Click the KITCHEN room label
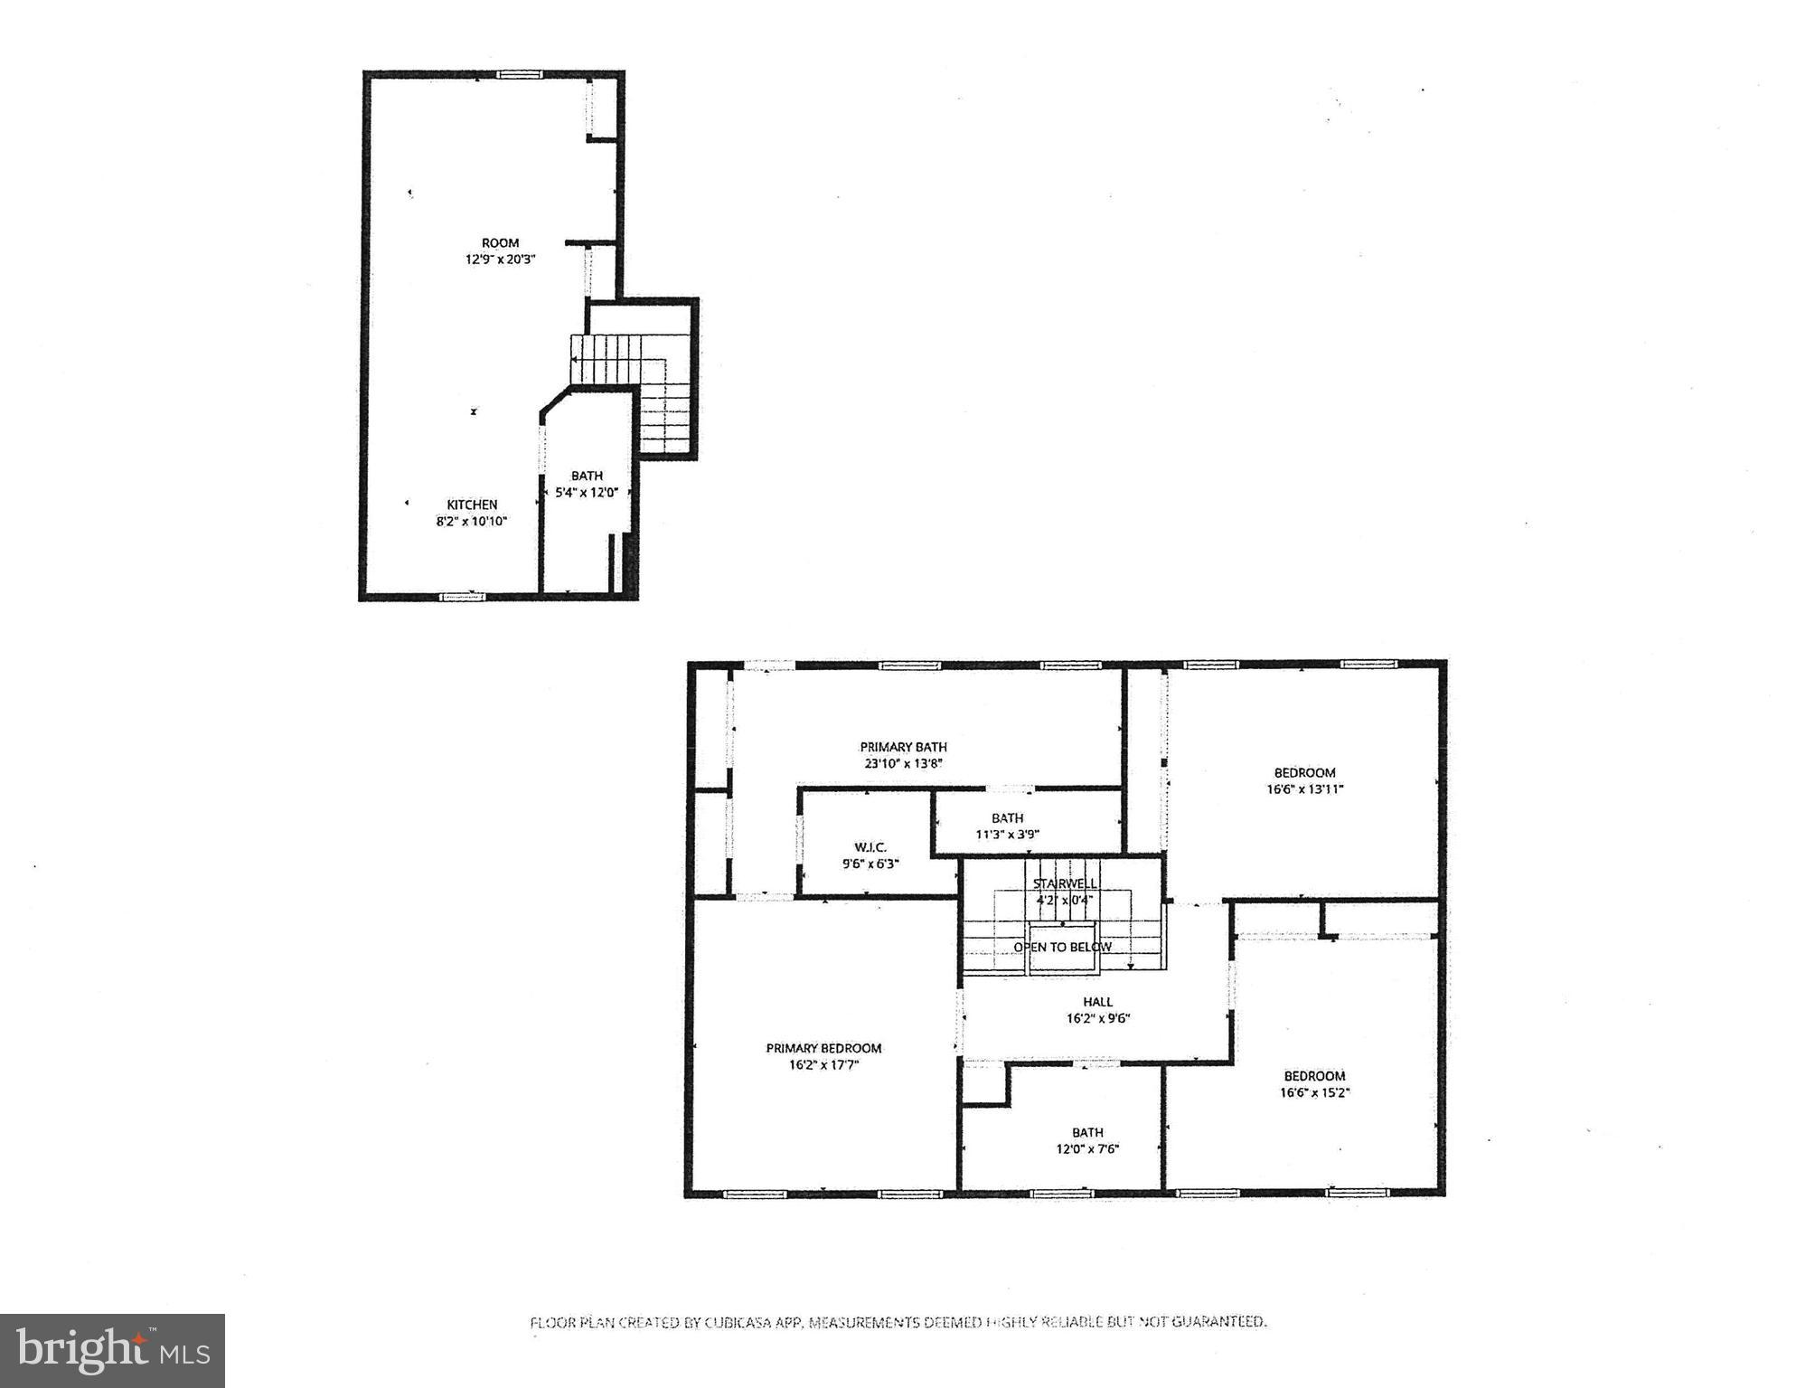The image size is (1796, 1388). (472, 505)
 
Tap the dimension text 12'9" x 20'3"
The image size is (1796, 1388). (500, 260)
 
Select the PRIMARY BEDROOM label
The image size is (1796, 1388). (823, 1048)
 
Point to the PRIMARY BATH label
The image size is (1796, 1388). (903, 747)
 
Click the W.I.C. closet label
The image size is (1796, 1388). (870, 847)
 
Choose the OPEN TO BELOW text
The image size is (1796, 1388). (1062, 948)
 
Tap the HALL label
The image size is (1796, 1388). (1097, 1002)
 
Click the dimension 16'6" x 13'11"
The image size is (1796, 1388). (1304, 789)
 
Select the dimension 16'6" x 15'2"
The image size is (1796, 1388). (1314, 1092)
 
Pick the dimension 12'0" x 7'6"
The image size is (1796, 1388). (1087, 1149)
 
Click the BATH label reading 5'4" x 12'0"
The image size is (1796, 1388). (587, 476)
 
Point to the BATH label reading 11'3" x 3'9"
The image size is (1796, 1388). (1007, 818)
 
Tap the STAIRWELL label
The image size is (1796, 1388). (1065, 883)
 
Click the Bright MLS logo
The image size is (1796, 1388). (112, 1350)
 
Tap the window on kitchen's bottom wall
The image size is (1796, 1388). (462, 597)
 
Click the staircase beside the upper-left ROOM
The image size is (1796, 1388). (633, 380)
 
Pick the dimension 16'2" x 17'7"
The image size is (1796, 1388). (823, 1065)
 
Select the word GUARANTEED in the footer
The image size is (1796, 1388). (1218, 1322)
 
